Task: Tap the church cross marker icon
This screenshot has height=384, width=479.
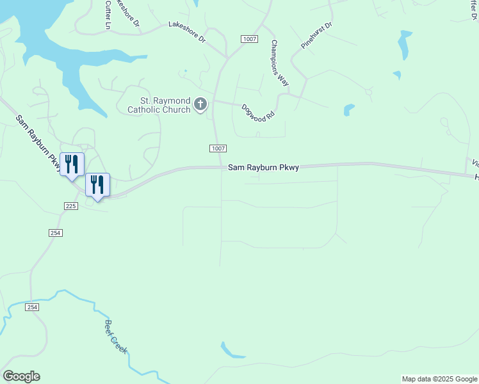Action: (x=200, y=104)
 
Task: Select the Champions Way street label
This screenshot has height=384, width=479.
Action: (x=280, y=63)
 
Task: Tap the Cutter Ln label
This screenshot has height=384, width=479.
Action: (x=107, y=14)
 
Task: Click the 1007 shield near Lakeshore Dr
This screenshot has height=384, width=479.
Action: (x=250, y=40)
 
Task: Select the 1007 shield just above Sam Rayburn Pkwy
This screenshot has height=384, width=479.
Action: (x=218, y=148)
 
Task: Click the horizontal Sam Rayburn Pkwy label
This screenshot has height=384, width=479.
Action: (x=263, y=168)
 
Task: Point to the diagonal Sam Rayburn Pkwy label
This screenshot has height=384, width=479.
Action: (x=37, y=143)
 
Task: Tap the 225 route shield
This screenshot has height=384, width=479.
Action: (x=71, y=205)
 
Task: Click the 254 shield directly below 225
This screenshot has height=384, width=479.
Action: (x=55, y=233)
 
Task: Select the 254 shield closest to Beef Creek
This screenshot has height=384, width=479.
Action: (x=33, y=308)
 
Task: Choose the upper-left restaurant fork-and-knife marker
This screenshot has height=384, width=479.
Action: (x=72, y=164)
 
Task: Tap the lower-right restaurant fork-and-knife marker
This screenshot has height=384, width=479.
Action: (x=97, y=185)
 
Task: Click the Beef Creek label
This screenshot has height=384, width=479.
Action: (x=116, y=337)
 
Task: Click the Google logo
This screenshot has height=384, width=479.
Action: (x=21, y=376)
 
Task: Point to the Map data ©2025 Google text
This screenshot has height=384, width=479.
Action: (x=439, y=379)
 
